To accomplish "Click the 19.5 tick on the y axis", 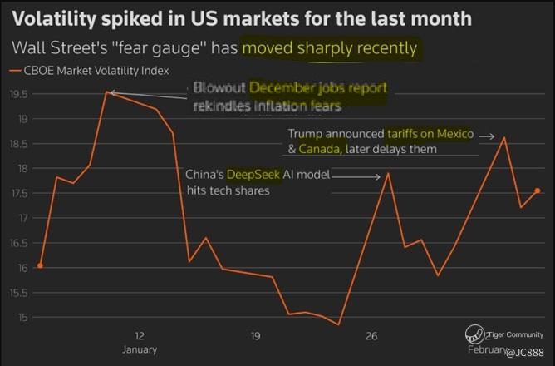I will pos(19,94).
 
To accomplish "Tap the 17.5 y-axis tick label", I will pos(19,194).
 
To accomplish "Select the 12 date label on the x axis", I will pos(140,336).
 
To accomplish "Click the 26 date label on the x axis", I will pos(371,336).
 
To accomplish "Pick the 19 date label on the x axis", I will pos(255,336).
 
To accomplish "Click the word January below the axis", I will pos(140,349).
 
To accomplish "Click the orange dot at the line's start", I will pos(40,266).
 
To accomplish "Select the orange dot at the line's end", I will pos(538,191).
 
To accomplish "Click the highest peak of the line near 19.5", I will pos(106,91).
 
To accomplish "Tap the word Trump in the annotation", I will pos(305,134).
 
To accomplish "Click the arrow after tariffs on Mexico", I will pos(487,135).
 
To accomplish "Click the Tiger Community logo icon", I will pos(474,333).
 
